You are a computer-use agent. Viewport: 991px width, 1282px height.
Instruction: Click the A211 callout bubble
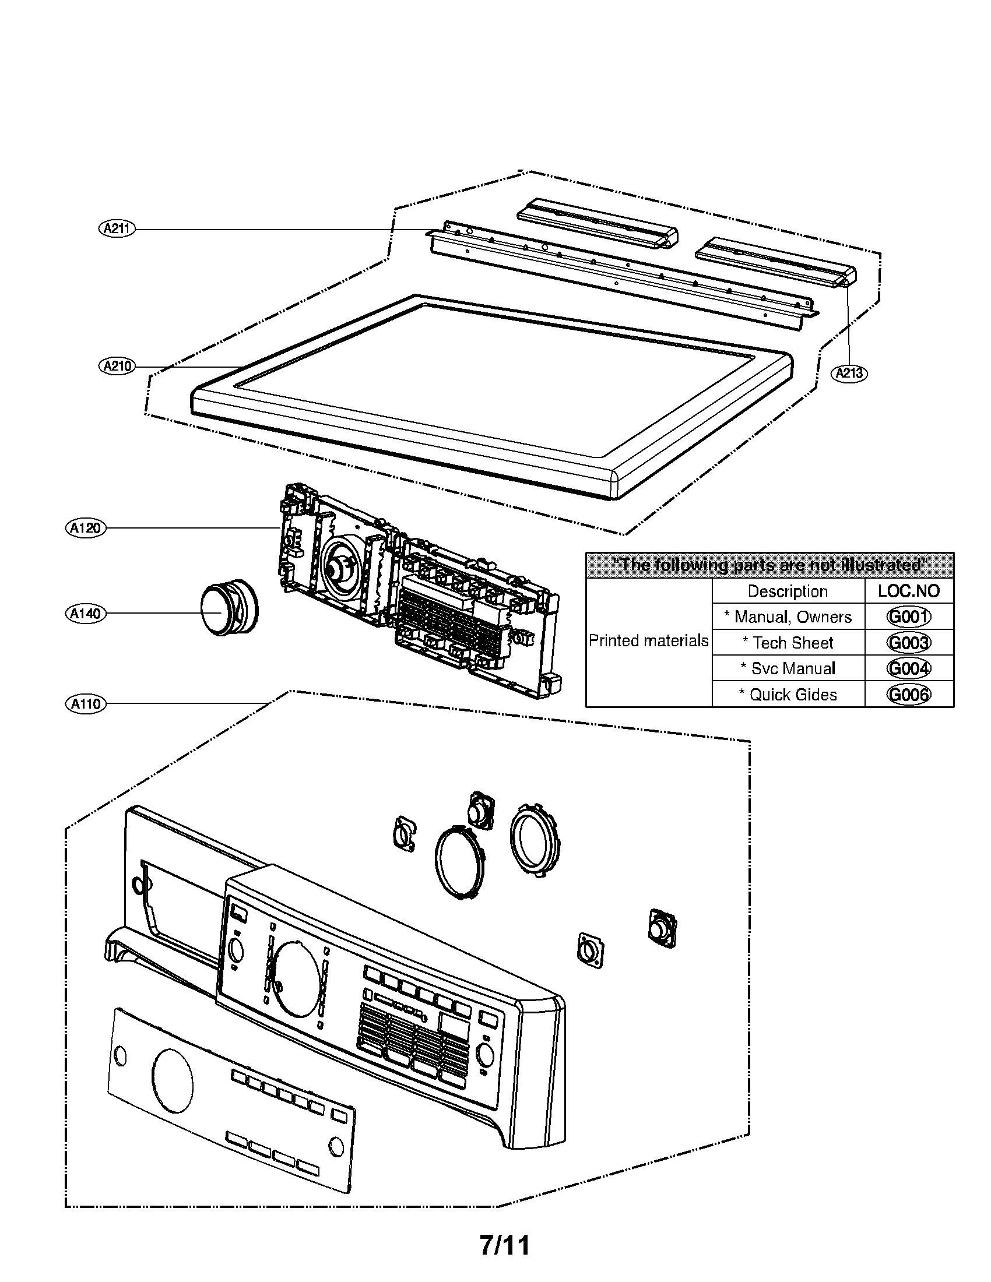[x=117, y=228]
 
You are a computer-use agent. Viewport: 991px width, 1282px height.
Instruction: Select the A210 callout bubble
[x=117, y=367]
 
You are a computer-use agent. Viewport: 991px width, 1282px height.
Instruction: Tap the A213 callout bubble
[x=849, y=373]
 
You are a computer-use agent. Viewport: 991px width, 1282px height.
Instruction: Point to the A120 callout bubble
[x=86, y=528]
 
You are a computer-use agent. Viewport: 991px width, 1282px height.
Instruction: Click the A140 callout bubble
[x=86, y=614]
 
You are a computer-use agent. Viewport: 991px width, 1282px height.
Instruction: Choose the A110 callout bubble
[x=86, y=703]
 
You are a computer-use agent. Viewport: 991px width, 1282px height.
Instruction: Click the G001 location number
[x=908, y=617]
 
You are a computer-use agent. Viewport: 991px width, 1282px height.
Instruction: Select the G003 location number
[x=908, y=643]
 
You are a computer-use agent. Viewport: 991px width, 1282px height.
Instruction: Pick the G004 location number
[x=908, y=668]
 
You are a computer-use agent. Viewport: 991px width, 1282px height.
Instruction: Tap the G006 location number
[x=908, y=695]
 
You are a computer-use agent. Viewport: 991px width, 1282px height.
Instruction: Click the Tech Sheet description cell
[x=788, y=643]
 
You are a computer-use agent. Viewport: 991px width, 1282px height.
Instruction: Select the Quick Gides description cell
[x=788, y=695]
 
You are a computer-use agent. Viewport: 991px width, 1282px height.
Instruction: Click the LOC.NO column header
[x=908, y=591]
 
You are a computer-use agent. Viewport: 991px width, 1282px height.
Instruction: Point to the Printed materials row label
[x=649, y=640]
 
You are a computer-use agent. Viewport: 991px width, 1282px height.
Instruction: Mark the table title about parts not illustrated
[x=769, y=565]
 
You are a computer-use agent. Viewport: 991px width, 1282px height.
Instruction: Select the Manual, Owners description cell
[x=788, y=617]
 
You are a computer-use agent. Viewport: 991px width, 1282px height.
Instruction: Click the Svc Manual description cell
[x=788, y=668]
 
